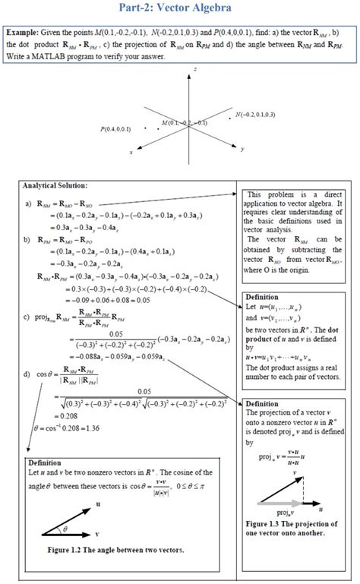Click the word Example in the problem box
(x=24, y=34)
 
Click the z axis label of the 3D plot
(x=195, y=69)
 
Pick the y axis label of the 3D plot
(x=242, y=150)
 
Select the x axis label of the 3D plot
(x=131, y=152)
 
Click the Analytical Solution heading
(x=55, y=185)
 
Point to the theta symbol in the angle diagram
(x=65, y=527)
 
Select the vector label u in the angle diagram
(x=97, y=504)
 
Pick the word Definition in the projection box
(x=262, y=403)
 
